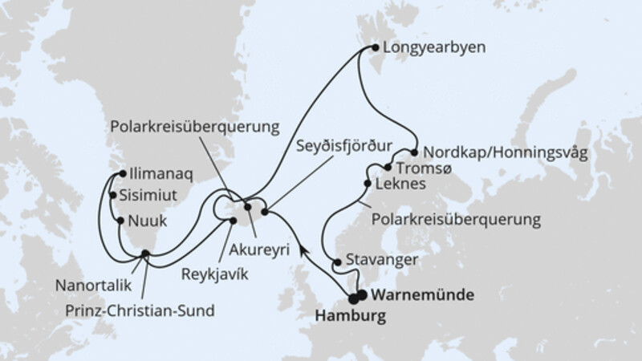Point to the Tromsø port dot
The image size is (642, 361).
click(388, 168)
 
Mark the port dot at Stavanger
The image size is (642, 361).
click(335, 262)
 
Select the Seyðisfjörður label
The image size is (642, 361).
click(344, 148)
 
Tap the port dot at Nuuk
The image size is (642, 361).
click(120, 219)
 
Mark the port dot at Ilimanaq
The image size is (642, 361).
click(120, 172)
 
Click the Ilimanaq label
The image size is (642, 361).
click(157, 172)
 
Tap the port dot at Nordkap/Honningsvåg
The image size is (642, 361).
click(415, 151)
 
